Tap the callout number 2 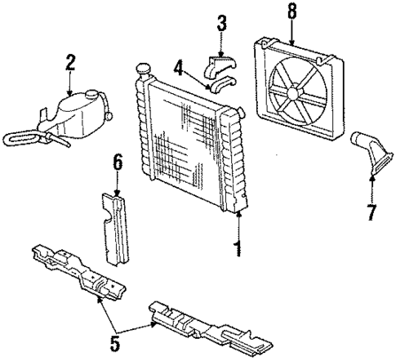[70, 61]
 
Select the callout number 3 [220, 22]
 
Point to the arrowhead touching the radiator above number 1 [238, 214]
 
